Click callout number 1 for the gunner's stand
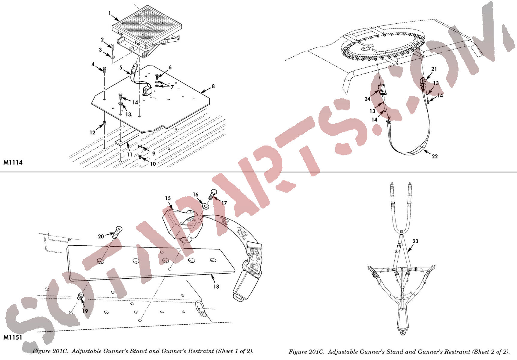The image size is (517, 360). coord(110,13)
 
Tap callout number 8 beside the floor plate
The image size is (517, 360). coord(213,86)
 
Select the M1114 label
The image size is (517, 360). coord(13,162)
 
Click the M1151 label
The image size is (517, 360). coord(13,337)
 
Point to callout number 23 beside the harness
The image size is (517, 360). coord(415,241)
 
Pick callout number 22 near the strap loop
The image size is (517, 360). coord(435,156)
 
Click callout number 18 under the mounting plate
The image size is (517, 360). coord(216,286)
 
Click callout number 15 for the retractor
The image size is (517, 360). coord(168,198)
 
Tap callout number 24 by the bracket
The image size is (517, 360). coord(367,99)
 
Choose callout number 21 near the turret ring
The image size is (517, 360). coord(434,69)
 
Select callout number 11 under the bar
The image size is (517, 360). coord(130,154)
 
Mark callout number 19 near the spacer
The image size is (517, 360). coord(85,311)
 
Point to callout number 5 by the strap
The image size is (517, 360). coord(121,68)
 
